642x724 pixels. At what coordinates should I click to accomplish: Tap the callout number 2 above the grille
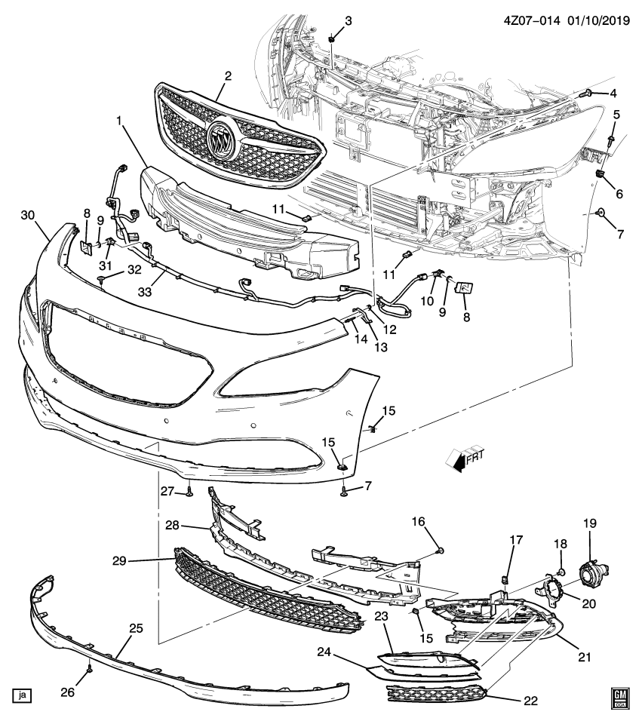point(228,75)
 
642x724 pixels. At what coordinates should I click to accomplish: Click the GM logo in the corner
point(619,698)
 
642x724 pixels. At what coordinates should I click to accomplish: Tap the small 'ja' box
point(23,695)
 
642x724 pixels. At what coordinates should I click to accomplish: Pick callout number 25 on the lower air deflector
point(136,628)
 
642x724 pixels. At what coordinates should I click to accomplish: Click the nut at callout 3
point(332,37)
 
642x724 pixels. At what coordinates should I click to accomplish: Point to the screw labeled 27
point(189,492)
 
